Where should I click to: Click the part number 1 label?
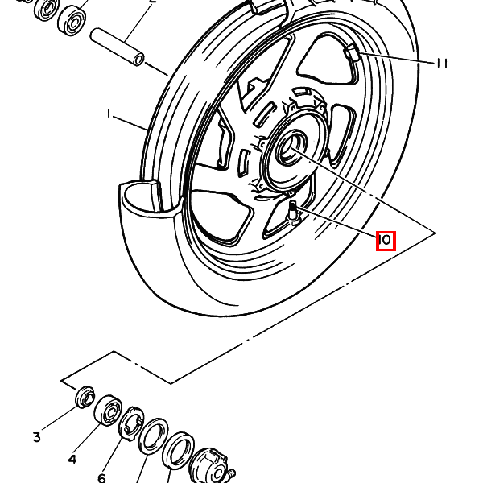tap(108, 114)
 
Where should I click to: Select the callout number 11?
tap(441, 63)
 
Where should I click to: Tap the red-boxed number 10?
tap(386, 240)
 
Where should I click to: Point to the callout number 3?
tap(37, 437)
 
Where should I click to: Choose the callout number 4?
tap(72, 460)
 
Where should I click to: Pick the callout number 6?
tap(102, 477)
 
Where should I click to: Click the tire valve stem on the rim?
tap(293, 211)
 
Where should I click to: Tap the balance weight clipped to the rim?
tap(352, 52)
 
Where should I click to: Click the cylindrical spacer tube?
tap(118, 47)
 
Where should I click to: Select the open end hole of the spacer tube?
tap(139, 59)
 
